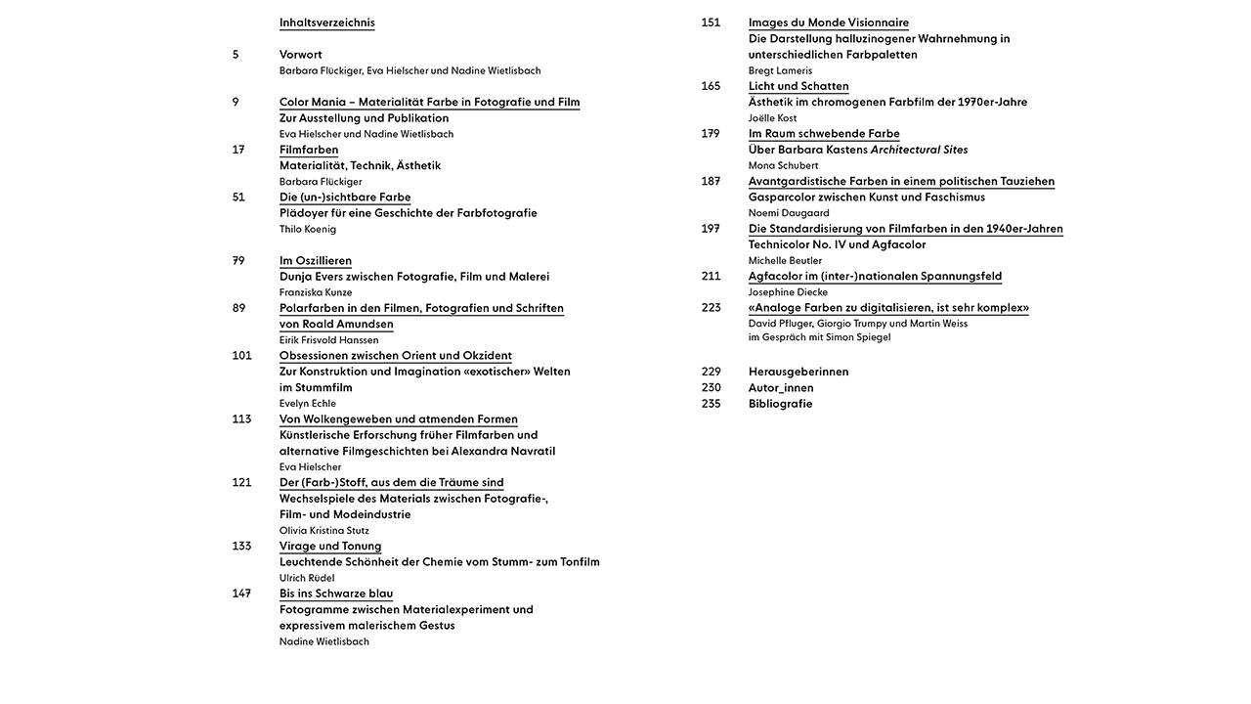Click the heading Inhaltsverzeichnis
click(326, 22)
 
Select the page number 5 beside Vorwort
click(236, 55)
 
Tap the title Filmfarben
click(309, 150)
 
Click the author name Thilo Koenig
click(307, 229)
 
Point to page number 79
click(238, 261)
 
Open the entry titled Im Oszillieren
click(315, 261)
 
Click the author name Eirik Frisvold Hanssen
click(328, 340)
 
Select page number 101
click(241, 356)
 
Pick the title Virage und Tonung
click(330, 546)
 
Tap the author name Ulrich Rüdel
click(307, 578)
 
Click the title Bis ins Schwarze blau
click(336, 594)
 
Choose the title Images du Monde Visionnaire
click(829, 22)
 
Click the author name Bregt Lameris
click(780, 70)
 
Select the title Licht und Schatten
click(798, 86)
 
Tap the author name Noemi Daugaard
click(788, 213)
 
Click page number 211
click(711, 277)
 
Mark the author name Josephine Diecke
click(788, 292)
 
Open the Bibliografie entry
click(780, 404)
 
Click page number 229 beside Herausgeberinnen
click(711, 372)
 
